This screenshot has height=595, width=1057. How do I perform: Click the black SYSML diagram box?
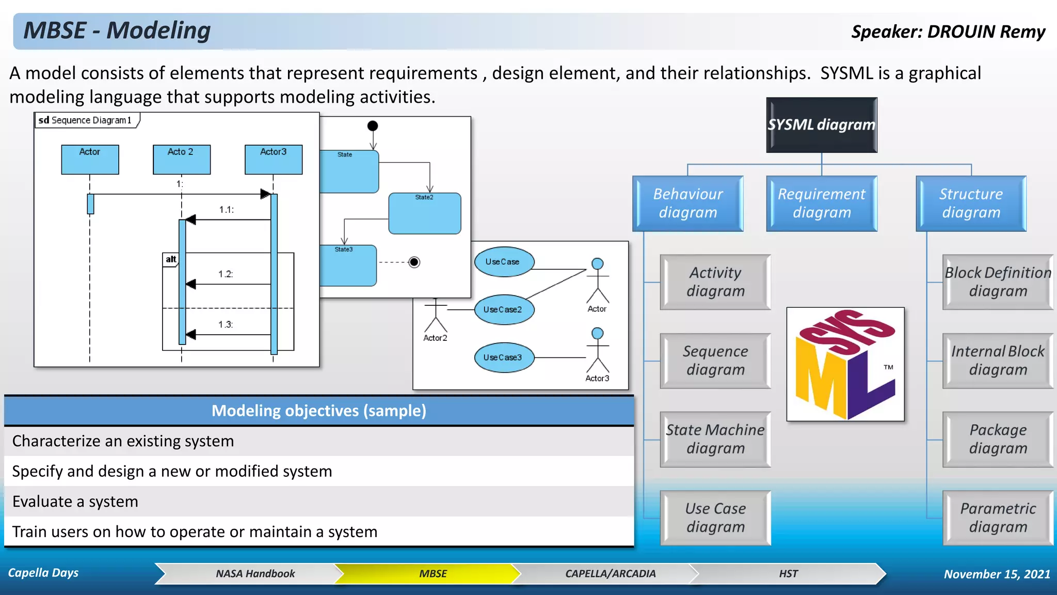821,125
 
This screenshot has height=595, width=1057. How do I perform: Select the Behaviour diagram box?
687,203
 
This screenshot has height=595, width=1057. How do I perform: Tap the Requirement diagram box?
821,203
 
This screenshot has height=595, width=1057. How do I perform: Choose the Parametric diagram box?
997,518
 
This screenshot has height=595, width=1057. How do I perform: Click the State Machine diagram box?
715,439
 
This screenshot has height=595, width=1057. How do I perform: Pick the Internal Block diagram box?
997,361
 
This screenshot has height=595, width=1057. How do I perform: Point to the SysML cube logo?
845,364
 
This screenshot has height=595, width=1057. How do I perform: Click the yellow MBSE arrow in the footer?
433,574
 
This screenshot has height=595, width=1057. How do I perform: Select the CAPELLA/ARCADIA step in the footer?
610,574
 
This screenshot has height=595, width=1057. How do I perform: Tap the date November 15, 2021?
997,574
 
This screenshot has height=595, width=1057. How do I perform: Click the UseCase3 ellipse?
504,357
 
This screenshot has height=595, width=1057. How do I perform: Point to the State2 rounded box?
424,214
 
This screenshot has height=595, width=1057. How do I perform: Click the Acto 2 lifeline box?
181,159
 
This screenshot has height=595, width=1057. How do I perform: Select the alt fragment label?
171,259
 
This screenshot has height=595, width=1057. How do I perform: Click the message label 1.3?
226,324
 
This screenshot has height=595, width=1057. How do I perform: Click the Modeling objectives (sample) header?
318,411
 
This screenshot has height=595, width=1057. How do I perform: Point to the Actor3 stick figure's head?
597,333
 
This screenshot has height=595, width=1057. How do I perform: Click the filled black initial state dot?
373,126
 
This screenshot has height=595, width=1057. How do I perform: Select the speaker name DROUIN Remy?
986,32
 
